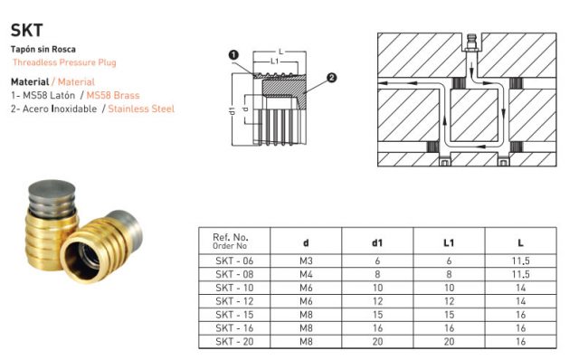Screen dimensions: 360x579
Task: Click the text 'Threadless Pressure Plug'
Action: pos(64,62)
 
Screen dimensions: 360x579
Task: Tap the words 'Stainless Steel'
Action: pos(141,109)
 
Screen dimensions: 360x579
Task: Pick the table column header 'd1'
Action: pos(377,242)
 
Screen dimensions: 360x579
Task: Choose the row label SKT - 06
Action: pos(230,261)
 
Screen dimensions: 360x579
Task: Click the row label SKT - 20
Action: pos(230,343)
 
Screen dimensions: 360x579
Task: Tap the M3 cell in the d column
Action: pos(305,261)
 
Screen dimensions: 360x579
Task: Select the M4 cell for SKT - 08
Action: pos(305,274)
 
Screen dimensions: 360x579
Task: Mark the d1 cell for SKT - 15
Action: pos(377,316)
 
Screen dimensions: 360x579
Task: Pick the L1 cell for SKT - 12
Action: pos(449,301)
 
